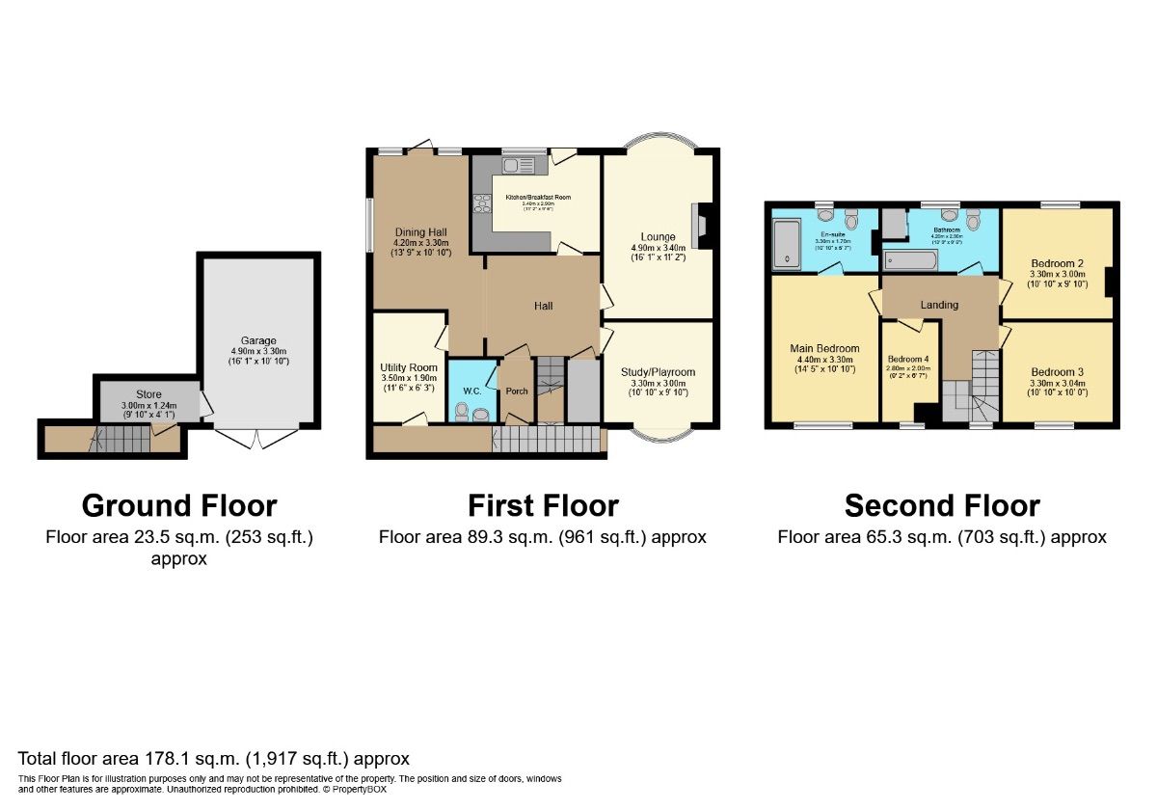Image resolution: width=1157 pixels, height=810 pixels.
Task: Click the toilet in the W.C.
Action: point(462,414)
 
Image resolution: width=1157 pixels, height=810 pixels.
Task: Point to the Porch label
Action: point(517,391)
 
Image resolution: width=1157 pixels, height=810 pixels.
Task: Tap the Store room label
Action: point(148,393)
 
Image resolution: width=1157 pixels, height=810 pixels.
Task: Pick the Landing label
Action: point(939,305)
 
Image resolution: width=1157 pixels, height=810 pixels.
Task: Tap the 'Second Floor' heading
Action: point(942,505)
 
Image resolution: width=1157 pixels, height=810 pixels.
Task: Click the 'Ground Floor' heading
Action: point(179,505)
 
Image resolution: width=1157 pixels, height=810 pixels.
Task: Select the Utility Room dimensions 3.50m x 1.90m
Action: point(409,379)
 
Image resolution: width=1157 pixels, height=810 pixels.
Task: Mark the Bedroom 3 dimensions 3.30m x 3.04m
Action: point(1057,385)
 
